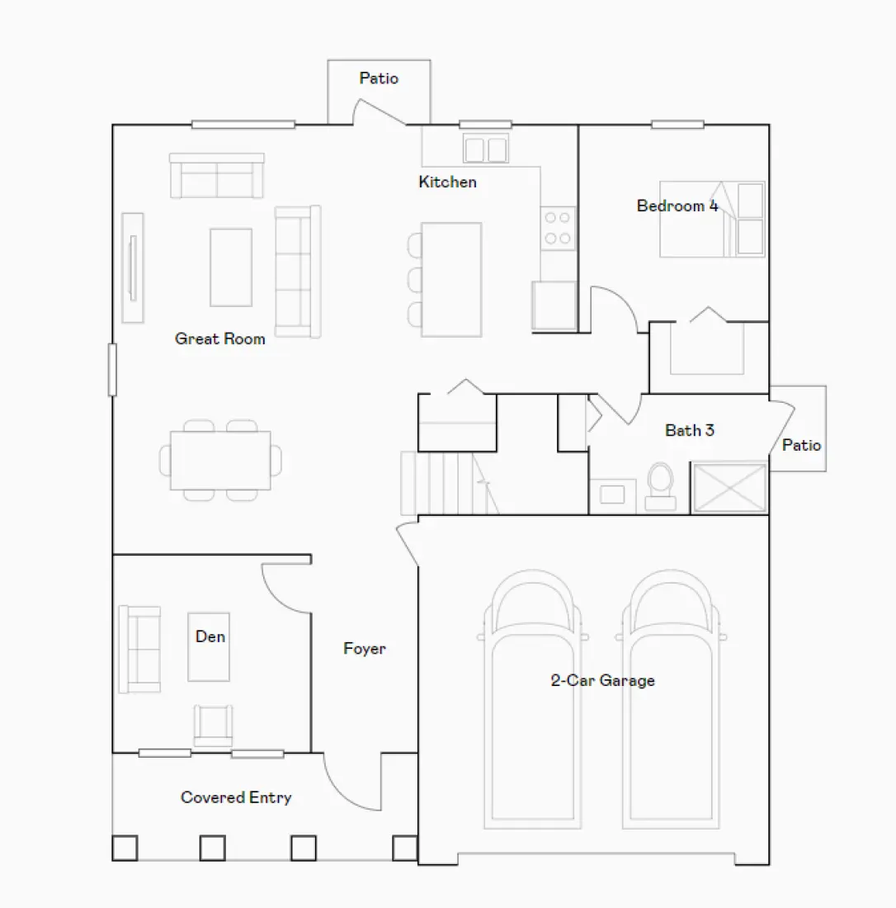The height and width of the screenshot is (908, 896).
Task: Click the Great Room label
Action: pos(220,338)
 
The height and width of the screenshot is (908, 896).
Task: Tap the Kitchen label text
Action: pos(447,182)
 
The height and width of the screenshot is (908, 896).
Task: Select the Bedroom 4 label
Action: pos(677,206)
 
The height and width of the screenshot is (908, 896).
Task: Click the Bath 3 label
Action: pos(690,430)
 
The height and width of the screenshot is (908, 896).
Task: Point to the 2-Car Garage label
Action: pos(603,680)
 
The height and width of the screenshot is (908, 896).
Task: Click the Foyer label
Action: pos(364,649)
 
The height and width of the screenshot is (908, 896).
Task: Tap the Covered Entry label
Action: pos(236,797)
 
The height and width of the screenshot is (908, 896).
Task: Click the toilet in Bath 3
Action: pos(660,485)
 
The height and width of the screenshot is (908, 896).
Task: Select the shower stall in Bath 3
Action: pos(729,489)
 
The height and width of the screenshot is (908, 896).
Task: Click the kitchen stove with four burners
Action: pos(559,229)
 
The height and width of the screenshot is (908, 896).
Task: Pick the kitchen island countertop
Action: pos(451,279)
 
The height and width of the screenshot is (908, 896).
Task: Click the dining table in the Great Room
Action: pos(220,460)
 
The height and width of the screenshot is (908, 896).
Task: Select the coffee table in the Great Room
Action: pos(230,267)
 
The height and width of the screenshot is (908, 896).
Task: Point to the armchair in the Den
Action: pos(213,725)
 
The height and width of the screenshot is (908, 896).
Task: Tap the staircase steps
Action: pos(441,483)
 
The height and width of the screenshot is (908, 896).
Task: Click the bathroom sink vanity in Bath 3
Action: pos(612,495)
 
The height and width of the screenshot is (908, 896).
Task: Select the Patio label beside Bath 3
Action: pos(801,445)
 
